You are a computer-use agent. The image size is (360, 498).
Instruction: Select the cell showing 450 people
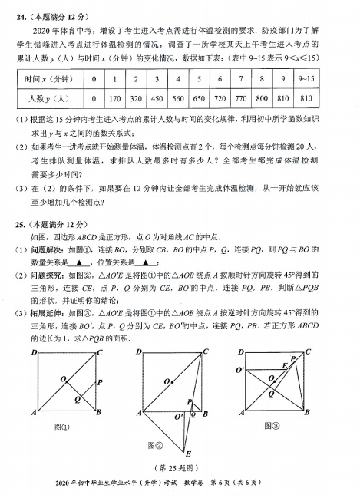[x=156, y=99]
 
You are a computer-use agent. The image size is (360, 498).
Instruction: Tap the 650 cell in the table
[x=198, y=99]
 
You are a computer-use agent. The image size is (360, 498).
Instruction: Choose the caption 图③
[x=273, y=427]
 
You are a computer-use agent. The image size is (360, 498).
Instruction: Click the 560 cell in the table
[x=177, y=99]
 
